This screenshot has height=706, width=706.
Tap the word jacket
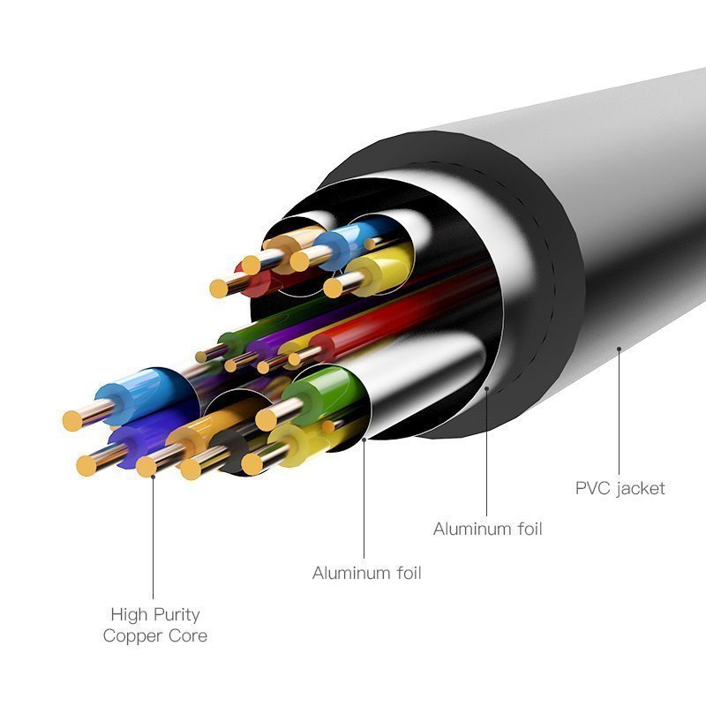[x=642, y=489]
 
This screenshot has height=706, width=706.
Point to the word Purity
[x=176, y=615]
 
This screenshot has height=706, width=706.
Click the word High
[x=129, y=614]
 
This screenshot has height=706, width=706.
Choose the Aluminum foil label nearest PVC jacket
[x=488, y=529]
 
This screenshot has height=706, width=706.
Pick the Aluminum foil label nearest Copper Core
[x=366, y=573]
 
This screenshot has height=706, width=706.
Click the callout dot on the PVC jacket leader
[x=620, y=349]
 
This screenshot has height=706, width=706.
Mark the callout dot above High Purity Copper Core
[x=153, y=477]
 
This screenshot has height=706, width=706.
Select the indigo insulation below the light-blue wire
[x=135, y=444]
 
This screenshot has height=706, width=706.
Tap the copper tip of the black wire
[x=191, y=469]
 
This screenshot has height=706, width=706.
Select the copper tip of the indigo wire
[x=86, y=466]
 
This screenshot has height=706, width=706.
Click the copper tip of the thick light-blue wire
[x=72, y=421]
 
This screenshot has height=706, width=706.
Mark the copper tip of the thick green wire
[x=267, y=420]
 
